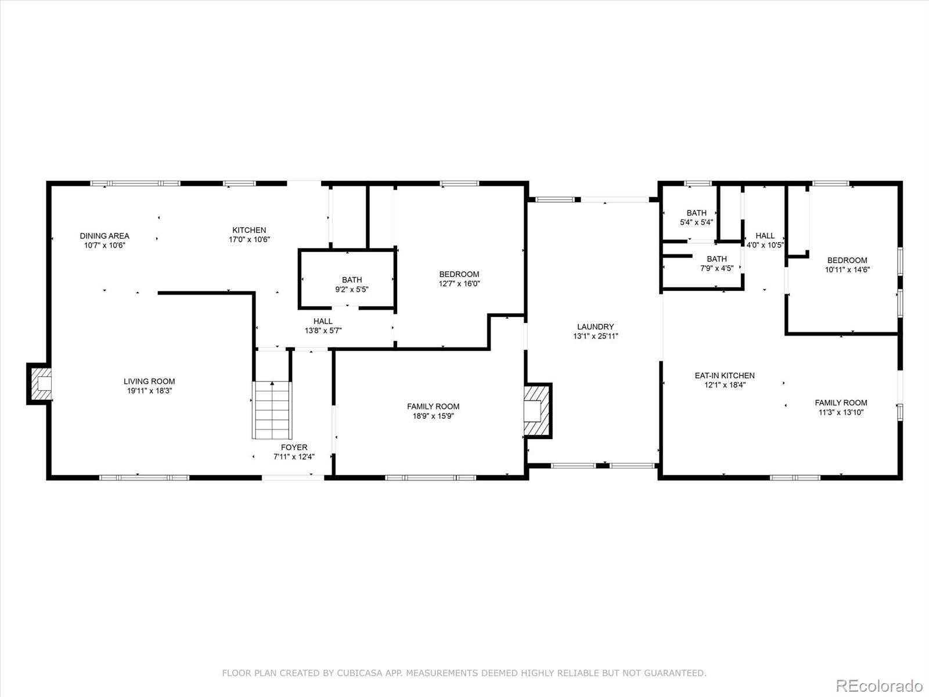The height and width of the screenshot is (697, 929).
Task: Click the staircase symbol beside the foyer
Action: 271,409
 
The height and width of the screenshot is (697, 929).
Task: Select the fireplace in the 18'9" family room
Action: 536,410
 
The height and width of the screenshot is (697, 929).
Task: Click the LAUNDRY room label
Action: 595,327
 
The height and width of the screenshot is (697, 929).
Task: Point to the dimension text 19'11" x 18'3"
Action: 149,391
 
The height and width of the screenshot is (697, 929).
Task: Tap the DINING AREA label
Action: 105,236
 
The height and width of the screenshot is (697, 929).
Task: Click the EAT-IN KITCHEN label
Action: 725,375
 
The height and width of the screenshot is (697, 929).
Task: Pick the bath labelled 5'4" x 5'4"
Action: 696,217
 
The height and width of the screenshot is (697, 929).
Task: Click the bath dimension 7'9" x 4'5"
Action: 716,268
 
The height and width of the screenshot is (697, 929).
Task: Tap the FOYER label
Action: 294,447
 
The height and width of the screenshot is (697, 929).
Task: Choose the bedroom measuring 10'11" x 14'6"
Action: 847,265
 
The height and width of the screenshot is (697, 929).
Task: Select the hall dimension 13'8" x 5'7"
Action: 323,330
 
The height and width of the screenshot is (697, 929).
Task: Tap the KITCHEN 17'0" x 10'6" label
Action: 249,235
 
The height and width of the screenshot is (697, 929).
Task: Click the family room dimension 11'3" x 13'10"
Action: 841,412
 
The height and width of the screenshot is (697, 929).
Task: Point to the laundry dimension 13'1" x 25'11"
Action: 595,336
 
